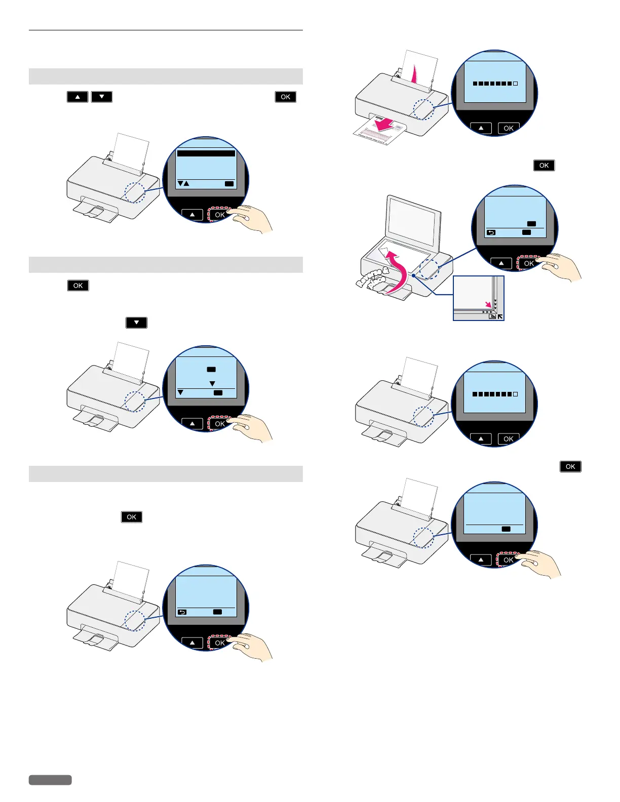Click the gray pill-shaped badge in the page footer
click(x=50, y=780)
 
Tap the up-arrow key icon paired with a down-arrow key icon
click(x=77, y=97)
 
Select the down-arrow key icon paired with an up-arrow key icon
click(x=102, y=97)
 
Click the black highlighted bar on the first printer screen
click(x=206, y=153)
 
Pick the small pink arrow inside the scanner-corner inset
click(x=488, y=304)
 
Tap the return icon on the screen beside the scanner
click(x=491, y=232)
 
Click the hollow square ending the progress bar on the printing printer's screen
click(x=515, y=84)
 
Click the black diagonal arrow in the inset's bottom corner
click(x=500, y=316)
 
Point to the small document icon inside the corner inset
click(x=492, y=316)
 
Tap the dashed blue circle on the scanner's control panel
click(x=429, y=268)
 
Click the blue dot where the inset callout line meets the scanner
click(x=414, y=275)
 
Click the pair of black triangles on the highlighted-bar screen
click(x=183, y=183)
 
